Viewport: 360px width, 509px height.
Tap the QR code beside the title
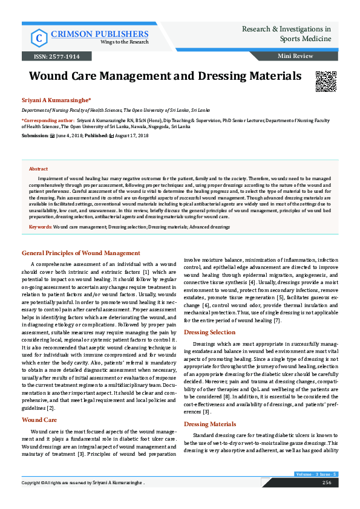pos(326,81)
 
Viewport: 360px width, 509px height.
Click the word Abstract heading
pos(39,169)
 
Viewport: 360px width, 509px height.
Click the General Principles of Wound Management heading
pos(81,253)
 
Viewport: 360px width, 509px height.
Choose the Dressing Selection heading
pos(209,332)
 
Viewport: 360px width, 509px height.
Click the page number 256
pos(326,500)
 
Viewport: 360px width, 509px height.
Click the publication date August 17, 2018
pos(131,136)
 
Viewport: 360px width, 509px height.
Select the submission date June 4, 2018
pos(70,136)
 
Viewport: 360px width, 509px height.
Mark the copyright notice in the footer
pos(83,500)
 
